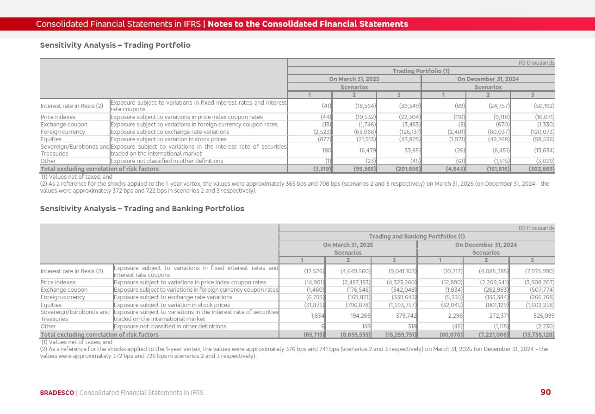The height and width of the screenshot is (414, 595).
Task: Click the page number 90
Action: pos(545,392)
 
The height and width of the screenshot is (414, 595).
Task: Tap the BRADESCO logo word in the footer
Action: pos(57,393)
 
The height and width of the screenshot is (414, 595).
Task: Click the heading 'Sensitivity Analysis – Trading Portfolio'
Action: pos(115,45)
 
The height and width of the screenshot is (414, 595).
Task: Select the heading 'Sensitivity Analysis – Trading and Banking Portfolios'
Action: pos(142,208)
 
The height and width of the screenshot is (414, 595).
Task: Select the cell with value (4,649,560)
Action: pos(355,271)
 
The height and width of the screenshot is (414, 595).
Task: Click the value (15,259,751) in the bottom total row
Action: pos(401,334)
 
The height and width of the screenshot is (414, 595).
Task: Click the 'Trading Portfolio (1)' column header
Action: pos(421,71)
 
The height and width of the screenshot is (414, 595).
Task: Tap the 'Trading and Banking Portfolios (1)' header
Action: pos(417,237)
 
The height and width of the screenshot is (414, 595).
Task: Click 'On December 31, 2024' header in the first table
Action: pos(488,79)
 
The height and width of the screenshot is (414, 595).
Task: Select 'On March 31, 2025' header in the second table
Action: pos(348,245)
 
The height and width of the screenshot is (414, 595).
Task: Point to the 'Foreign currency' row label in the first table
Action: pos(63,132)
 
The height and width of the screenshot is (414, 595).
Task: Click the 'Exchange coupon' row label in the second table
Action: pos(64,290)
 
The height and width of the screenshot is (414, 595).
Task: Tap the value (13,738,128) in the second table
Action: pos(539,334)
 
